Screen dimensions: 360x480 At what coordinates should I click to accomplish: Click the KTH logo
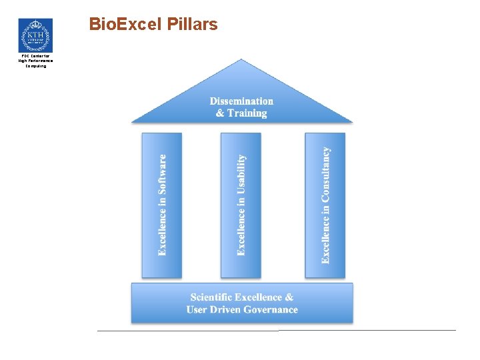coord(35,35)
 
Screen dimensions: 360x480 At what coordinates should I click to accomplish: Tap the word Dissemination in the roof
coord(241,101)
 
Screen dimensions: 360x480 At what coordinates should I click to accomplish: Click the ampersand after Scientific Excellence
coord(289,297)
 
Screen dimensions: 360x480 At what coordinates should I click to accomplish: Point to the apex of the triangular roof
coord(243,60)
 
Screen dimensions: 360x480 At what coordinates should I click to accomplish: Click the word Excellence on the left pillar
coord(162,231)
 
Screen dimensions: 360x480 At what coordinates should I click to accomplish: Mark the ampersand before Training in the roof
coord(220,113)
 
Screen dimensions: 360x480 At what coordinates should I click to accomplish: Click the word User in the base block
coord(197,309)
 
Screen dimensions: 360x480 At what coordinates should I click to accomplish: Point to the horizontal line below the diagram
coord(276,330)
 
